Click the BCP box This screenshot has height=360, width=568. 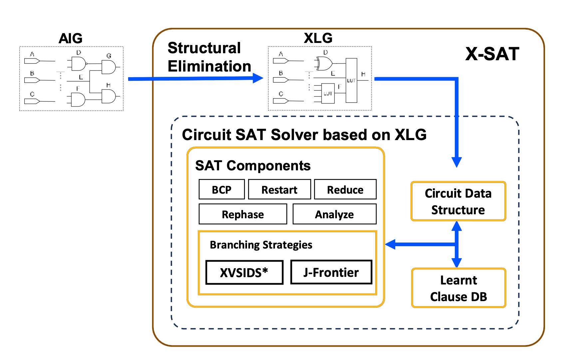pyautogui.click(x=221, y=189)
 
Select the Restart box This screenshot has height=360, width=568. pyautogui.click(x=279, y=189)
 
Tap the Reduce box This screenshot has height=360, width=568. pyautogui.click(x=345, y=189)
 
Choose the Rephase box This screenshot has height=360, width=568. pyautogui.click(x=243, y=214)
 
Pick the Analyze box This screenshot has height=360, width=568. pyautogui.click(x=334, y=214)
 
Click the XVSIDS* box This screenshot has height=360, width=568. pyautogui.click(x=244, y=272)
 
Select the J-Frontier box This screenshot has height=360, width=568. pyautogui.click(x=331, y=272)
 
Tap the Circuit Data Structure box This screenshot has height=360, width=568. pyautogui.click(x=458, y=201)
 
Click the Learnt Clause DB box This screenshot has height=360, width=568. pyautogui.click(x=458, y=288)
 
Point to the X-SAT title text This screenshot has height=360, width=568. pyautogui.click(x=492, y=54)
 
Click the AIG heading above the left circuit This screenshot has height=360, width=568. pyautogui.click(x=71, y=38)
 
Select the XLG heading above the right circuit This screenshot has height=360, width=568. pyautogui.click(x=318, y=38)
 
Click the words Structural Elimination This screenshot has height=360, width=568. pyautogui.click(x=209, y=57)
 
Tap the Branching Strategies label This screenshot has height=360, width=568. pyautogui.click(x=261, y=245)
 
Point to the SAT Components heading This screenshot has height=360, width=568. pyautogui.click(x=253, y=165)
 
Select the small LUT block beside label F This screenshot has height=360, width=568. pyautogui.click(x=328, y=93)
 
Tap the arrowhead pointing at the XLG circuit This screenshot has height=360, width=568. pyautogui.click(x=258, y=78)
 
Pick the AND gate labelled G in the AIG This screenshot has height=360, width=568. pyautogui.click(x=109, y=67)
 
